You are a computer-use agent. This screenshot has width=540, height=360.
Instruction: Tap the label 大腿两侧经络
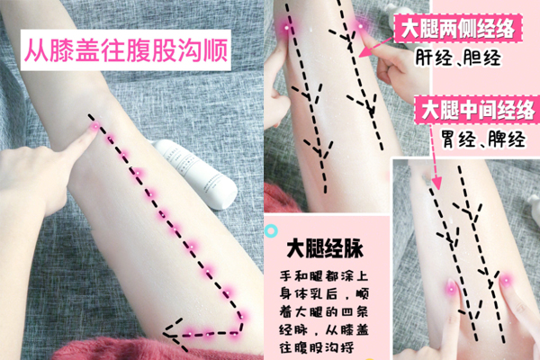(457, 29)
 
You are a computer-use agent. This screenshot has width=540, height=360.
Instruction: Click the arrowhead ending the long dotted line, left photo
(168, 330)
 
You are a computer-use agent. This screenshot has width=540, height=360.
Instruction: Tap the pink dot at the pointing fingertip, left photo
(95, 128)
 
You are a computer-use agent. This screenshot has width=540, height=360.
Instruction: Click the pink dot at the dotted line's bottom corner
(240, 316)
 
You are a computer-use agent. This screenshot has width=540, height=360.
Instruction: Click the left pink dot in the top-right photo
(287, 29)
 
